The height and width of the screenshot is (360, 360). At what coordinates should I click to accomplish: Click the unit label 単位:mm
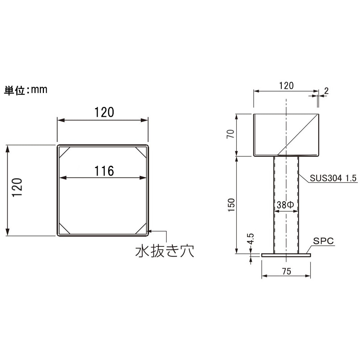point(26,90)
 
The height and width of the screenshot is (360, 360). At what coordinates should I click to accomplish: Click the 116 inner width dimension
point(104,171)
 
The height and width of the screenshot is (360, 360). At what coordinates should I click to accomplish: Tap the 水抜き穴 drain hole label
point(165,251)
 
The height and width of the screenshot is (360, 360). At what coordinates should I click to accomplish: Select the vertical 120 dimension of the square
point(17,187)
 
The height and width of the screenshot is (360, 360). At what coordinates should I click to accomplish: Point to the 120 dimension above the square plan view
point(104,112)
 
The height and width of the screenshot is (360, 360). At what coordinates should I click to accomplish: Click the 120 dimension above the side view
point(286,86)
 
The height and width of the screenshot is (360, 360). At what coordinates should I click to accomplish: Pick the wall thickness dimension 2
point(326,91)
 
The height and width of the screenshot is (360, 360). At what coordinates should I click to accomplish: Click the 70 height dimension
point(230,134)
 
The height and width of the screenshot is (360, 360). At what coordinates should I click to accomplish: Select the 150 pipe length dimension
point(232,205)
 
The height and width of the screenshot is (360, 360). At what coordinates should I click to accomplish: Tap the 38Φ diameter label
point(285,205)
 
